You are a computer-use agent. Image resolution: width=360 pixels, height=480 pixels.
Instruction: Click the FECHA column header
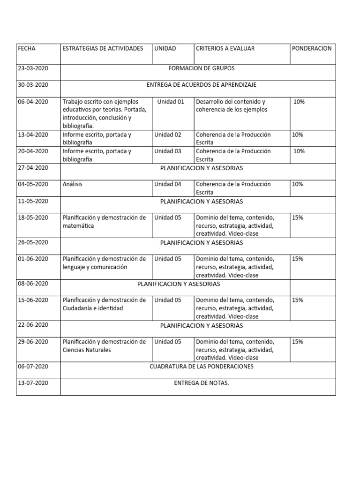pos(26,48)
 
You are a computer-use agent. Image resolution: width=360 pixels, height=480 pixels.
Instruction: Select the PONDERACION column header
pos(311,48)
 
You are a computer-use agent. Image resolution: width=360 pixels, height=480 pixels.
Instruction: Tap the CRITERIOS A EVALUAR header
pos(225,48)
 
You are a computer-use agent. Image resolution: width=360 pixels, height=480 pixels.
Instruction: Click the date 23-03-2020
pos(33,68)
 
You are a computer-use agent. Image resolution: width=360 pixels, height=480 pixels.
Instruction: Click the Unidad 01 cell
pos(171,102)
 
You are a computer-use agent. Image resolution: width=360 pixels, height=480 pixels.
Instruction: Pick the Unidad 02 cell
pos(168,135)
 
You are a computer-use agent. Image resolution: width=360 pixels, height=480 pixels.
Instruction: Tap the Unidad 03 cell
pos(168,151)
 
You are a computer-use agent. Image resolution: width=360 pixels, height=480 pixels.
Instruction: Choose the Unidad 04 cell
pos(168,184)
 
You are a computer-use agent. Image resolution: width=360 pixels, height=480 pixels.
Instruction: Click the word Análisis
pos(72,184)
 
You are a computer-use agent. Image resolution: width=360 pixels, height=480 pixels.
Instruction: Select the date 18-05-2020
pos(33,218)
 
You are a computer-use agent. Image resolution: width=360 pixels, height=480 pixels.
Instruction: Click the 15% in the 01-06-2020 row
pos(297,259)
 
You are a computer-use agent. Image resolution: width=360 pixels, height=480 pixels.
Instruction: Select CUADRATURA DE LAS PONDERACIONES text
pos(201,367)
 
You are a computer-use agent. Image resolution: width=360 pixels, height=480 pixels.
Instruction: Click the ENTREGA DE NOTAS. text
pos(201,383)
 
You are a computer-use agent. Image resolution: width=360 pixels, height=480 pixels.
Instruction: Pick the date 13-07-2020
pos(33,383)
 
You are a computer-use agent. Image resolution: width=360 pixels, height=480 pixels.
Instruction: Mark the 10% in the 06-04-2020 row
pos(299,102)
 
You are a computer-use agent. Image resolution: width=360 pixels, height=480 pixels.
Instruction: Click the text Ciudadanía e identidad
pos(92,308)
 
